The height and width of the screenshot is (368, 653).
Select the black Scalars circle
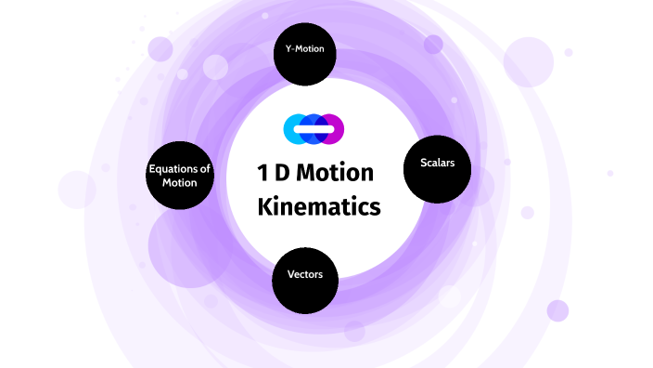point(437,169)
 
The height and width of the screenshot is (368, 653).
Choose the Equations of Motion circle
point(181,176)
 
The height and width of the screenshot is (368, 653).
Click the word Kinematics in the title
point(319,206)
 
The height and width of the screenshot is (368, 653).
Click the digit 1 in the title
point(263,173)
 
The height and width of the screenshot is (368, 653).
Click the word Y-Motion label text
point(304,48)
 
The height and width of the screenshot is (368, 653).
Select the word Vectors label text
point(304,275)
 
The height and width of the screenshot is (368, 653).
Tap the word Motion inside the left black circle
point(180,182)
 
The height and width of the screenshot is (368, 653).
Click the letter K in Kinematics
point(264,206)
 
